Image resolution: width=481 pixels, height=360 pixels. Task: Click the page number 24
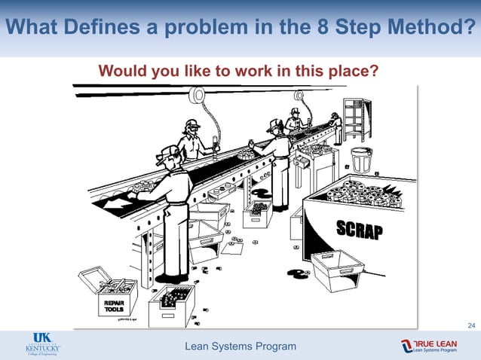pos(471,325)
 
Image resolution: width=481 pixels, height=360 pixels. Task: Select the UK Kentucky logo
pos(43,345)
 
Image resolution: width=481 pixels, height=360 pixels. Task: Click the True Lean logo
pos(429,346)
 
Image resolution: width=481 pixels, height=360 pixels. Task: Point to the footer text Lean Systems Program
pos(240,346)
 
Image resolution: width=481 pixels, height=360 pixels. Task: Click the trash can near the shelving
pos(362,159)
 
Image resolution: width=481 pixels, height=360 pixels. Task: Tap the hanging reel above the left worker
pos(198,95)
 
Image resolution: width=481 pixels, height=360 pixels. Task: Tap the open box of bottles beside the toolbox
pos(171,301)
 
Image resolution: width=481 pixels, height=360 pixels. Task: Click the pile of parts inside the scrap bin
pos(362,194)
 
